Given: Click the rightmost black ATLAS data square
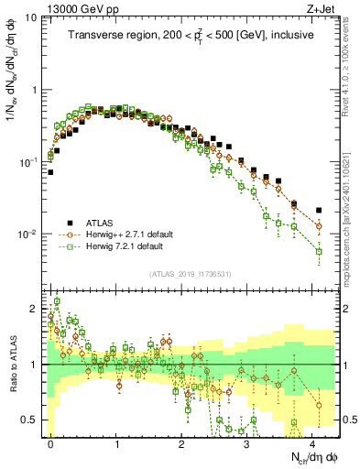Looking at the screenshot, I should (x=319, y=210).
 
